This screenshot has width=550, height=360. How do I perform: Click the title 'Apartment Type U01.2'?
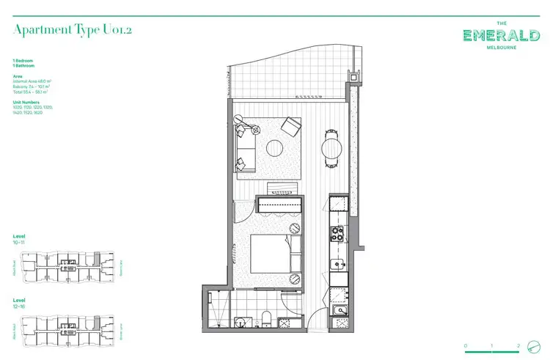pyautogui.click(x=73, y=30)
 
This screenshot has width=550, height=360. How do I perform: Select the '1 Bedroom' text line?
pyautogui.click(x=23, y=59)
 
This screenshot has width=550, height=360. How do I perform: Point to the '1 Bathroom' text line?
pyautogui.click(x=24, y=65)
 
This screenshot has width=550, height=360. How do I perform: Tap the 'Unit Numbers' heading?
pyautogui.click(x=26, y=102)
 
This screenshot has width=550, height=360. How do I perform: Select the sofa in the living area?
pyautogui.click(x=244, y=147)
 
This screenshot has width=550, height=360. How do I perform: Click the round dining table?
pyautogui.click(x=332, y=149)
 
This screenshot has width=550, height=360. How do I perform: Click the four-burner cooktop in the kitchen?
pyautogui.click(x=339, y=235)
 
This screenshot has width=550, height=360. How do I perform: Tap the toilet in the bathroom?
pyautogui.click(x=268, y=320)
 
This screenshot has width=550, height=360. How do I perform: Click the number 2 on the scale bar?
pyautogui.click(x=518, y=345)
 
